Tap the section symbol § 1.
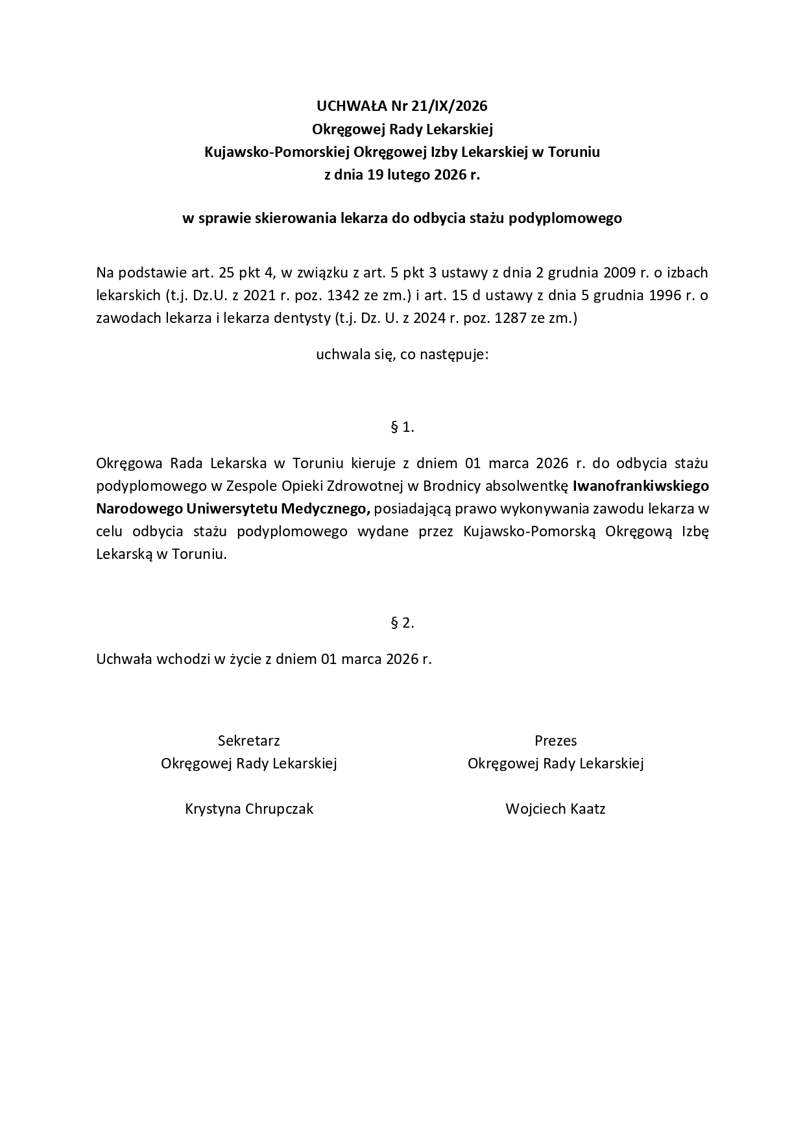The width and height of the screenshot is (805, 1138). pyautogui.click(x=402, y=427)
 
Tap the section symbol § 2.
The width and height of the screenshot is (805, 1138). pyautogui.click(x=402, y=623)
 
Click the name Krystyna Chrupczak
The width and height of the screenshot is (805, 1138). pyautogui.click(x=249, y=809)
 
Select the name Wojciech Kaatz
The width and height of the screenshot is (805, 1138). pyautogui.click(x=555, y=809)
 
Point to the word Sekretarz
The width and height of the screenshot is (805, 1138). pyautogui.click(x=249, y=741)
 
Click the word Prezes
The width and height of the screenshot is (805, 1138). pyautogui.click(x=555, y=741)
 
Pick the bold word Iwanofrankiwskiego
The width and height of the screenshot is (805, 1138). pyautogui.click(x=641, y=486)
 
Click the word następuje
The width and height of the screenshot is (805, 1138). pyautogui.click(x=457, y=355)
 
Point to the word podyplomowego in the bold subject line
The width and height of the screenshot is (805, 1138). pyautogui.click(x=566, y=218)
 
